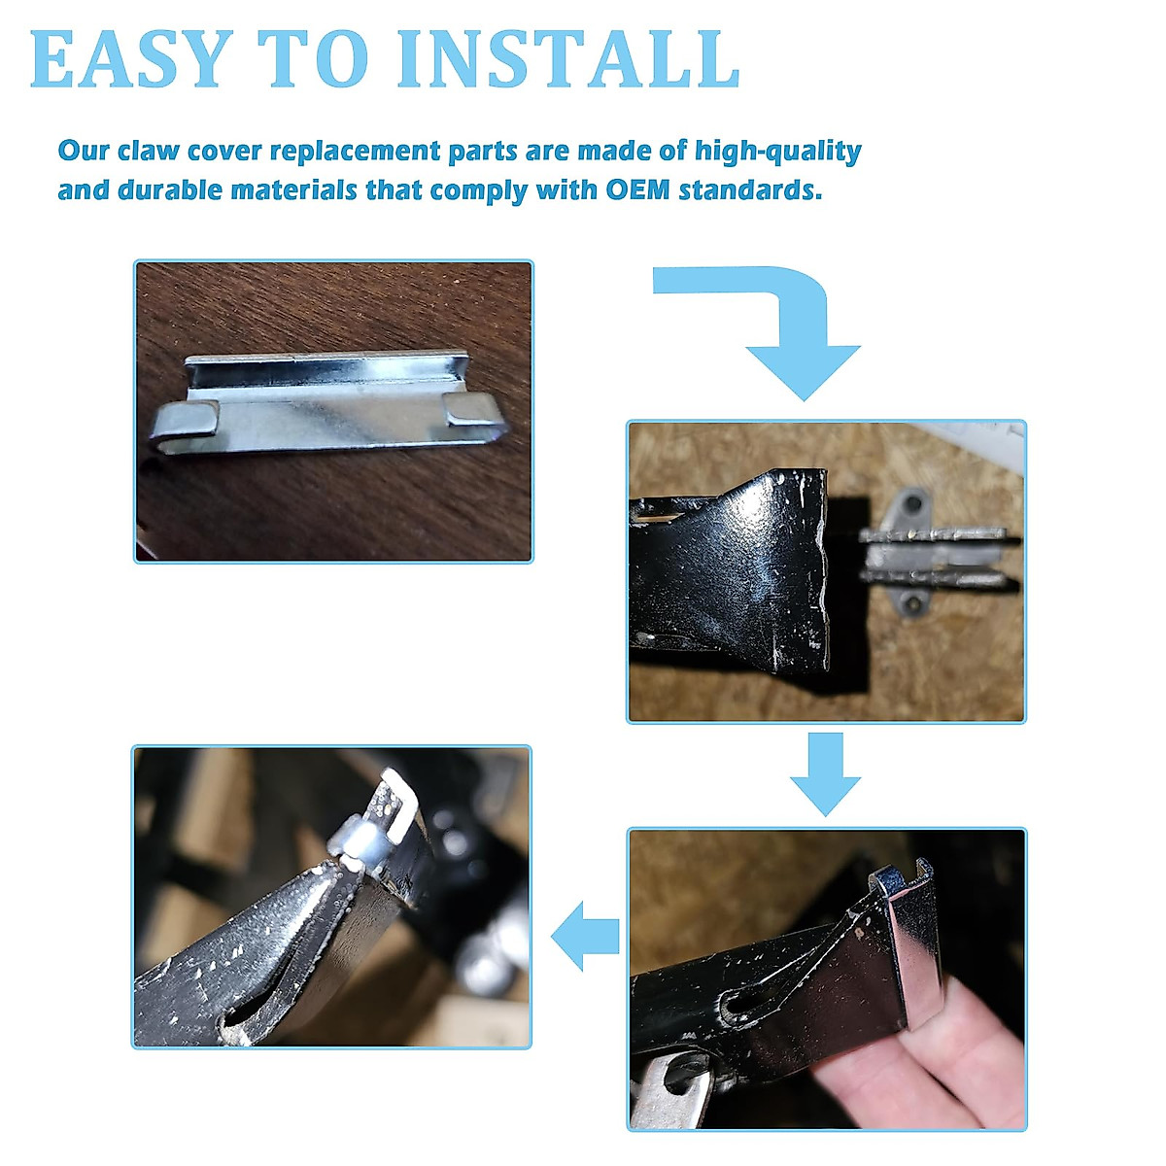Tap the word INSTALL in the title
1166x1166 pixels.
[x=567, y=58]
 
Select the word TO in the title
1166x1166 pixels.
[x=313, y=58]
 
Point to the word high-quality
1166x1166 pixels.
[x=777, y=152]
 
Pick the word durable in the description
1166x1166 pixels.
[x=170, y=190]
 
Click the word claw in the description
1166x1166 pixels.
[x=149, y=152]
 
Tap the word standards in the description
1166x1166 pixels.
[x=750, y=190]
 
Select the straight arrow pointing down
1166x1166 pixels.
[x=825, y=773]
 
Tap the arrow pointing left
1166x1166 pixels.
[x=585, y=937]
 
